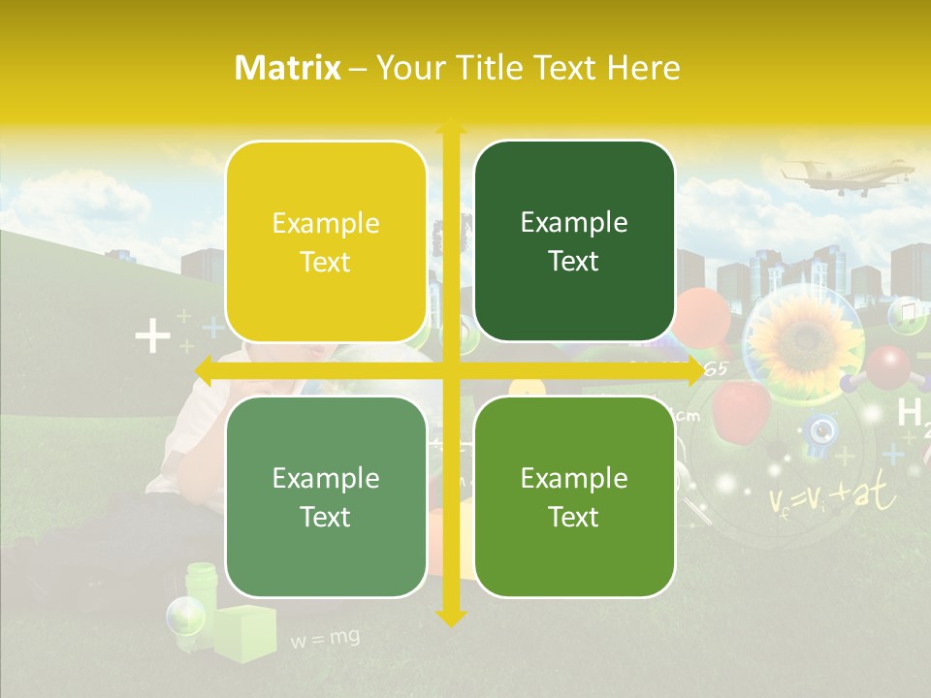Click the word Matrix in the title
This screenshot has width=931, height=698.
(288, 68)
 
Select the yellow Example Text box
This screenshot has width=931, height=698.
(326, 242)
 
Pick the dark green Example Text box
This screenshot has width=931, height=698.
(574, 241)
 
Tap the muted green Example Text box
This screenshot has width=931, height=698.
(326, 497)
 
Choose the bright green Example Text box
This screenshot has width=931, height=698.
(574, 497)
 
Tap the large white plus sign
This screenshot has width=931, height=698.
(152, 338)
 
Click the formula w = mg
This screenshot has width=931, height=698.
(325, 638)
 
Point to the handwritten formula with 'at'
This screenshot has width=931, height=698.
(834, 497)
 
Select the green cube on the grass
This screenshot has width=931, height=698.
(243, 633)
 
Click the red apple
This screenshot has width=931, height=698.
(741, 408)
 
